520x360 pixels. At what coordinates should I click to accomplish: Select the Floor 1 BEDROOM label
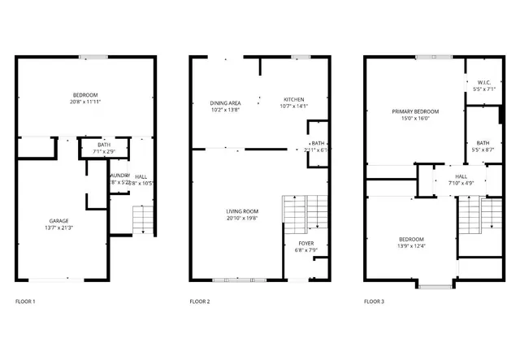[84, 95]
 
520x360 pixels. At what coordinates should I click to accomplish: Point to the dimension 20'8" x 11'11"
[84, 102]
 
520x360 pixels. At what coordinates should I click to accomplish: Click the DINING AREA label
[225, 102]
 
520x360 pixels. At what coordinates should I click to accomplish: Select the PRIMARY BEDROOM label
[415, 111]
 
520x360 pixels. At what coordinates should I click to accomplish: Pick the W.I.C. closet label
[483, 82]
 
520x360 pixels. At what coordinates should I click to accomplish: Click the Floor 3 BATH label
[483, 143]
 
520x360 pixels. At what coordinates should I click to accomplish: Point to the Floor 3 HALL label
[461, 176]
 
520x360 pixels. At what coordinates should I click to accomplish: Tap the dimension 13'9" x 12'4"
[412, 246]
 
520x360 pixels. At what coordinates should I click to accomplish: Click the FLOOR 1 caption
[25, 301]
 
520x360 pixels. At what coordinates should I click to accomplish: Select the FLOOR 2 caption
[200, 301]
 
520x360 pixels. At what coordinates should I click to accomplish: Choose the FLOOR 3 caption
[375, 301]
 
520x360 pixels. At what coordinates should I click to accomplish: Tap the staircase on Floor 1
[142, 219]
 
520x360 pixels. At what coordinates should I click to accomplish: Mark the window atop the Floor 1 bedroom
[93, 56]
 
